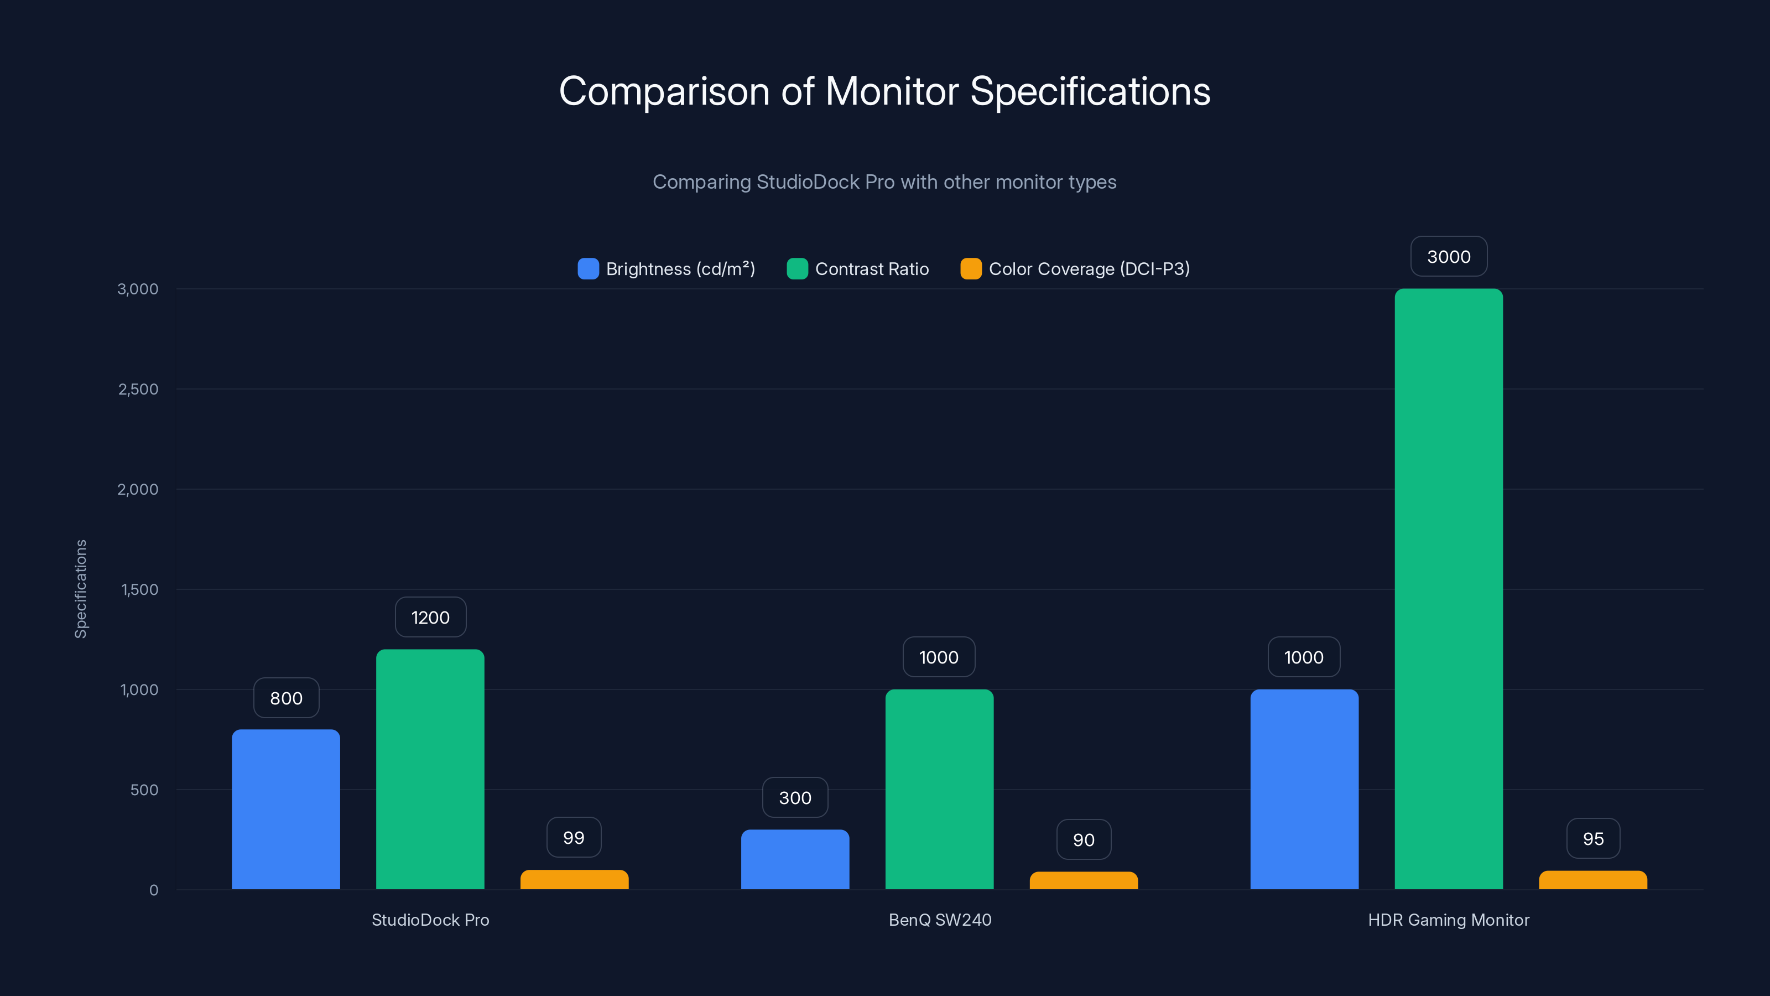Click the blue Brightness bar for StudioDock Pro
tap(286, 809)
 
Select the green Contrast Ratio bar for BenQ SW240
tap(939, 789)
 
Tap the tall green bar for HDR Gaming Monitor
tap(1449, 589)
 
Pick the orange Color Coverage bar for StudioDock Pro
tap(575, 880)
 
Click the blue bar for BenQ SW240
tap(795, 859)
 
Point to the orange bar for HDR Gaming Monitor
tap(1593, 880)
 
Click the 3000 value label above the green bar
tap(1449, 256)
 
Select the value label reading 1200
tap(430, 618)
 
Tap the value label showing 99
tap(574, 837)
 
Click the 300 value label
tap(795, 797)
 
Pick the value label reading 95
tap(1593, 839)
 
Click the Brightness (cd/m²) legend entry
tap(680, 269)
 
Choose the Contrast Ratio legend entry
tap(871, 269)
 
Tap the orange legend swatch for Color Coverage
tap(971, 269)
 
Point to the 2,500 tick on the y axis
tap(138, 389)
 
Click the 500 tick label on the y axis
tap(144, 790)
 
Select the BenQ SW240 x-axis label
tap(939, 920)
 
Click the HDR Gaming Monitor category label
tap(1449, 920)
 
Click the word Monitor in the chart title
tap(892, 91)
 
